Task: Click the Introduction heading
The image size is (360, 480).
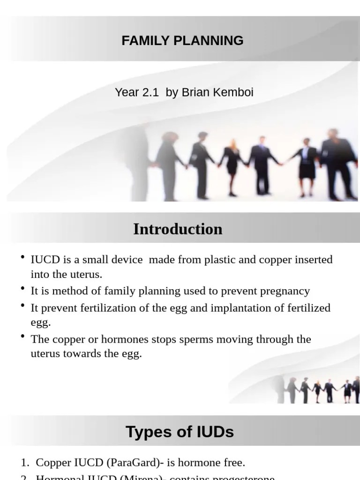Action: coord(178,229)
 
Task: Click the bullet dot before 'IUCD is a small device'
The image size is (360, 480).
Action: coord(23,257)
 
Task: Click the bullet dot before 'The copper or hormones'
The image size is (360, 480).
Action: coord(23,337)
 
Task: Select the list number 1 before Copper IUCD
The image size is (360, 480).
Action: coord(24,463)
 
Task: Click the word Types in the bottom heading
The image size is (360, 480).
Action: coord(148,432)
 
